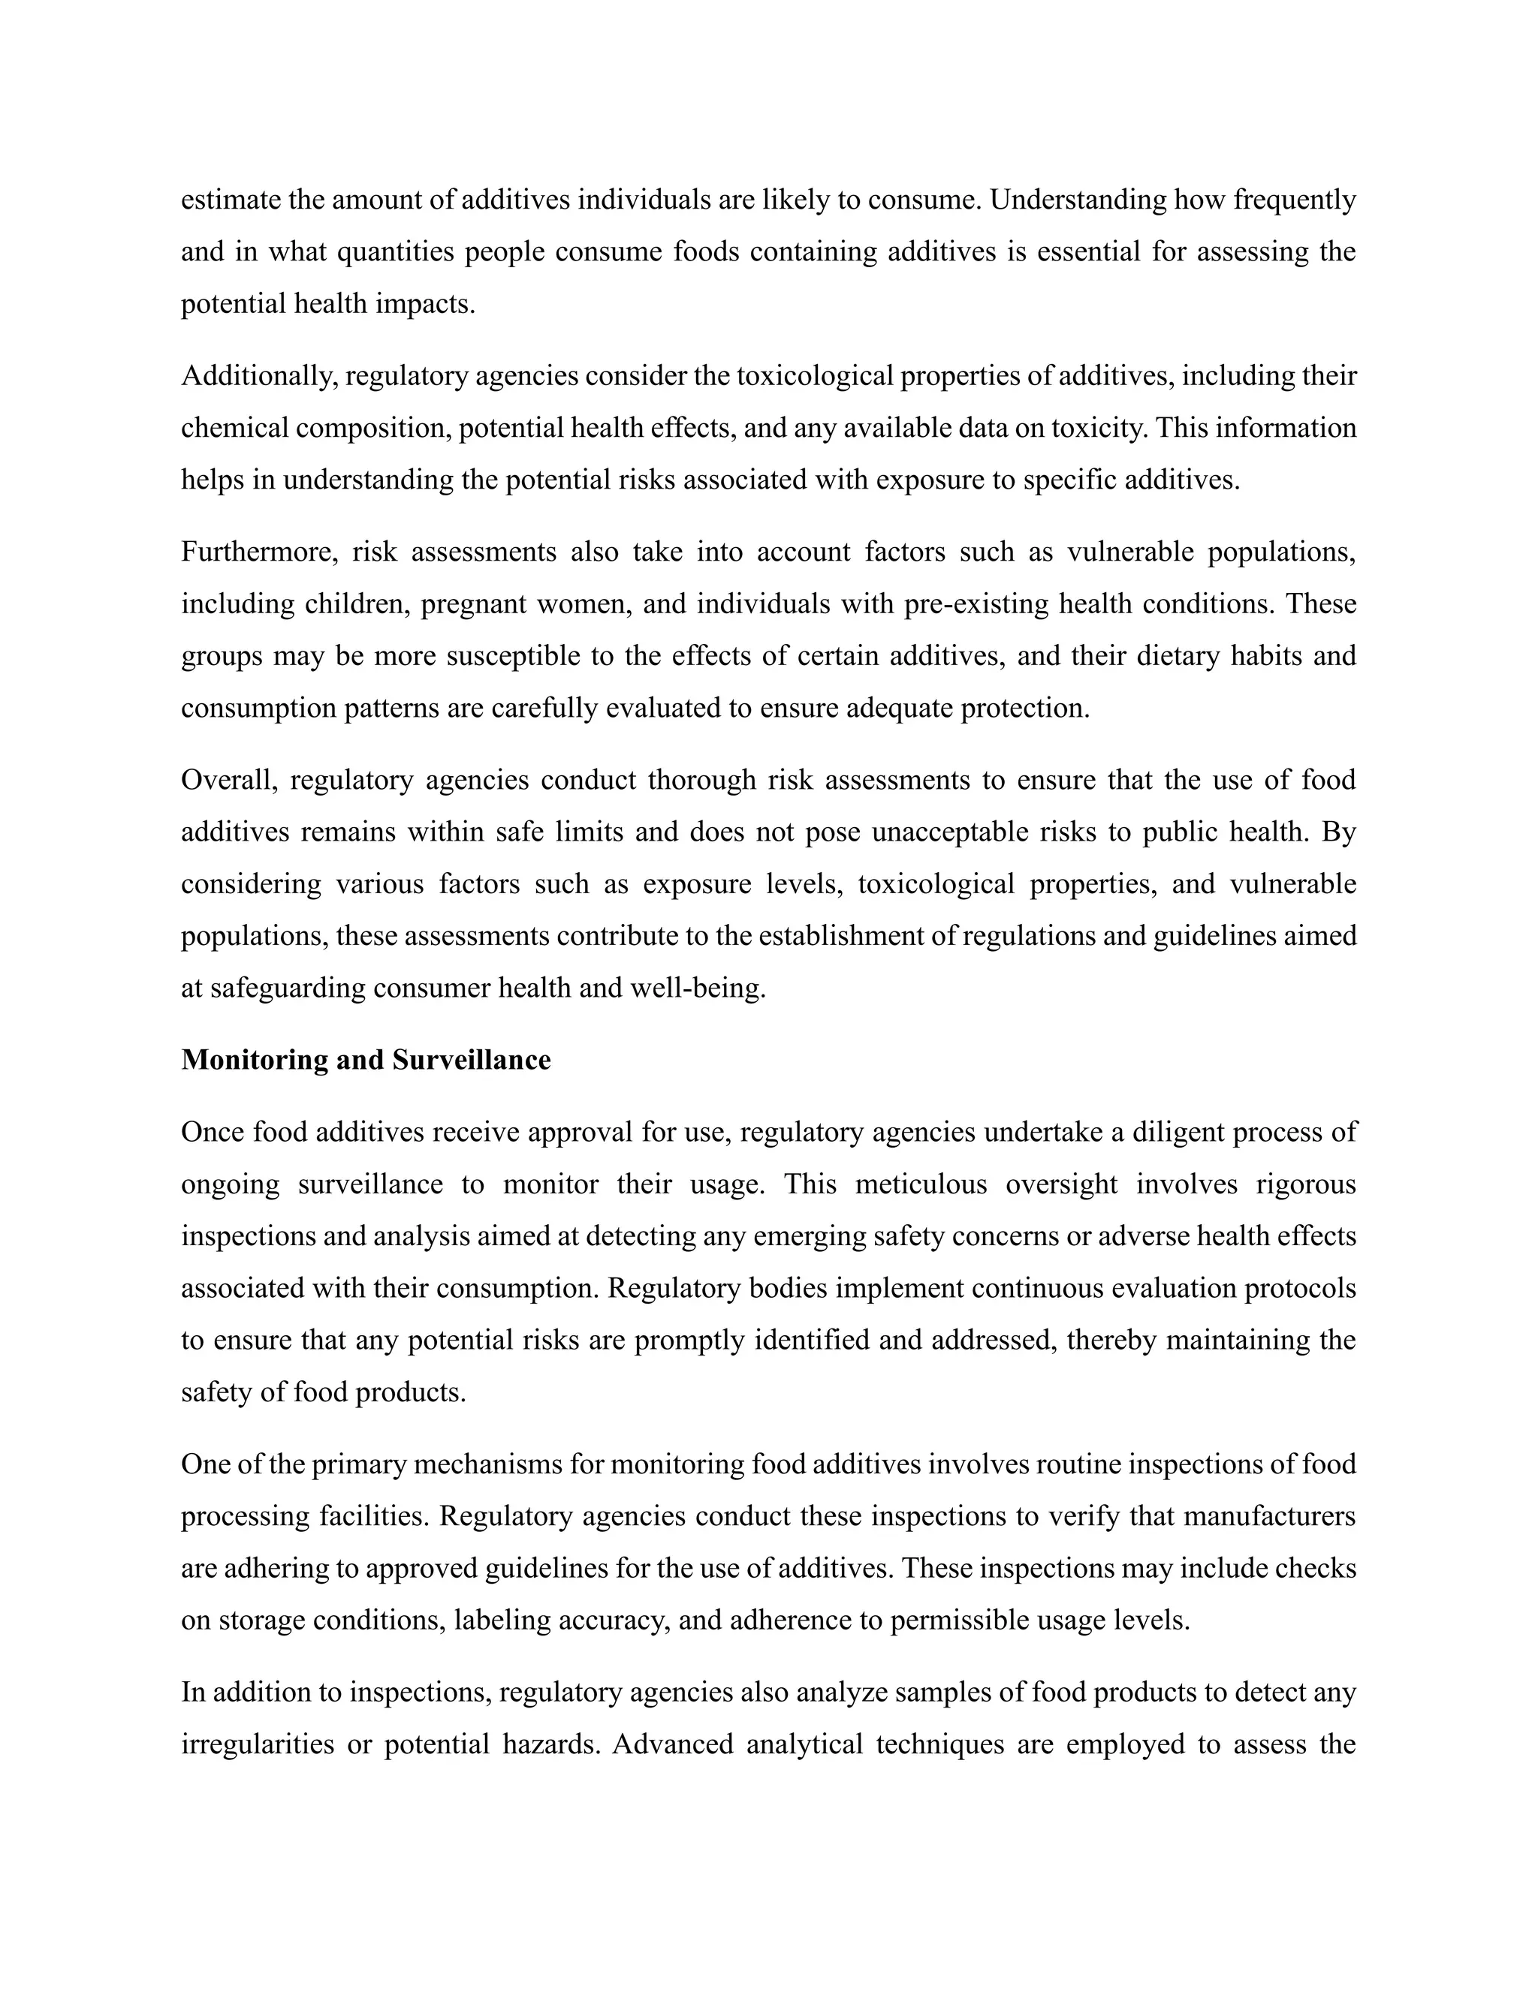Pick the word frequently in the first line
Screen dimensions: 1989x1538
point(1295,200)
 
